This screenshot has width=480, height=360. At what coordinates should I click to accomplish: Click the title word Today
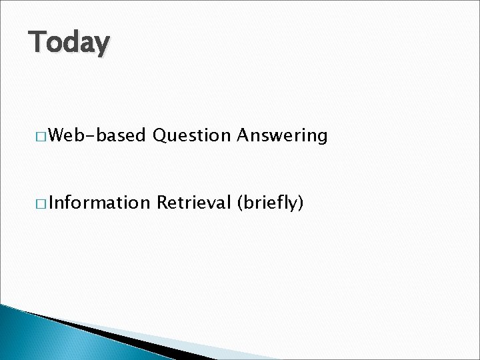point(69,43)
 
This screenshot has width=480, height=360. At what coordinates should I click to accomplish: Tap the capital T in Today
point(37,41)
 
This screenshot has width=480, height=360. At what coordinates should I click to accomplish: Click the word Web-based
point(96,136)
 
